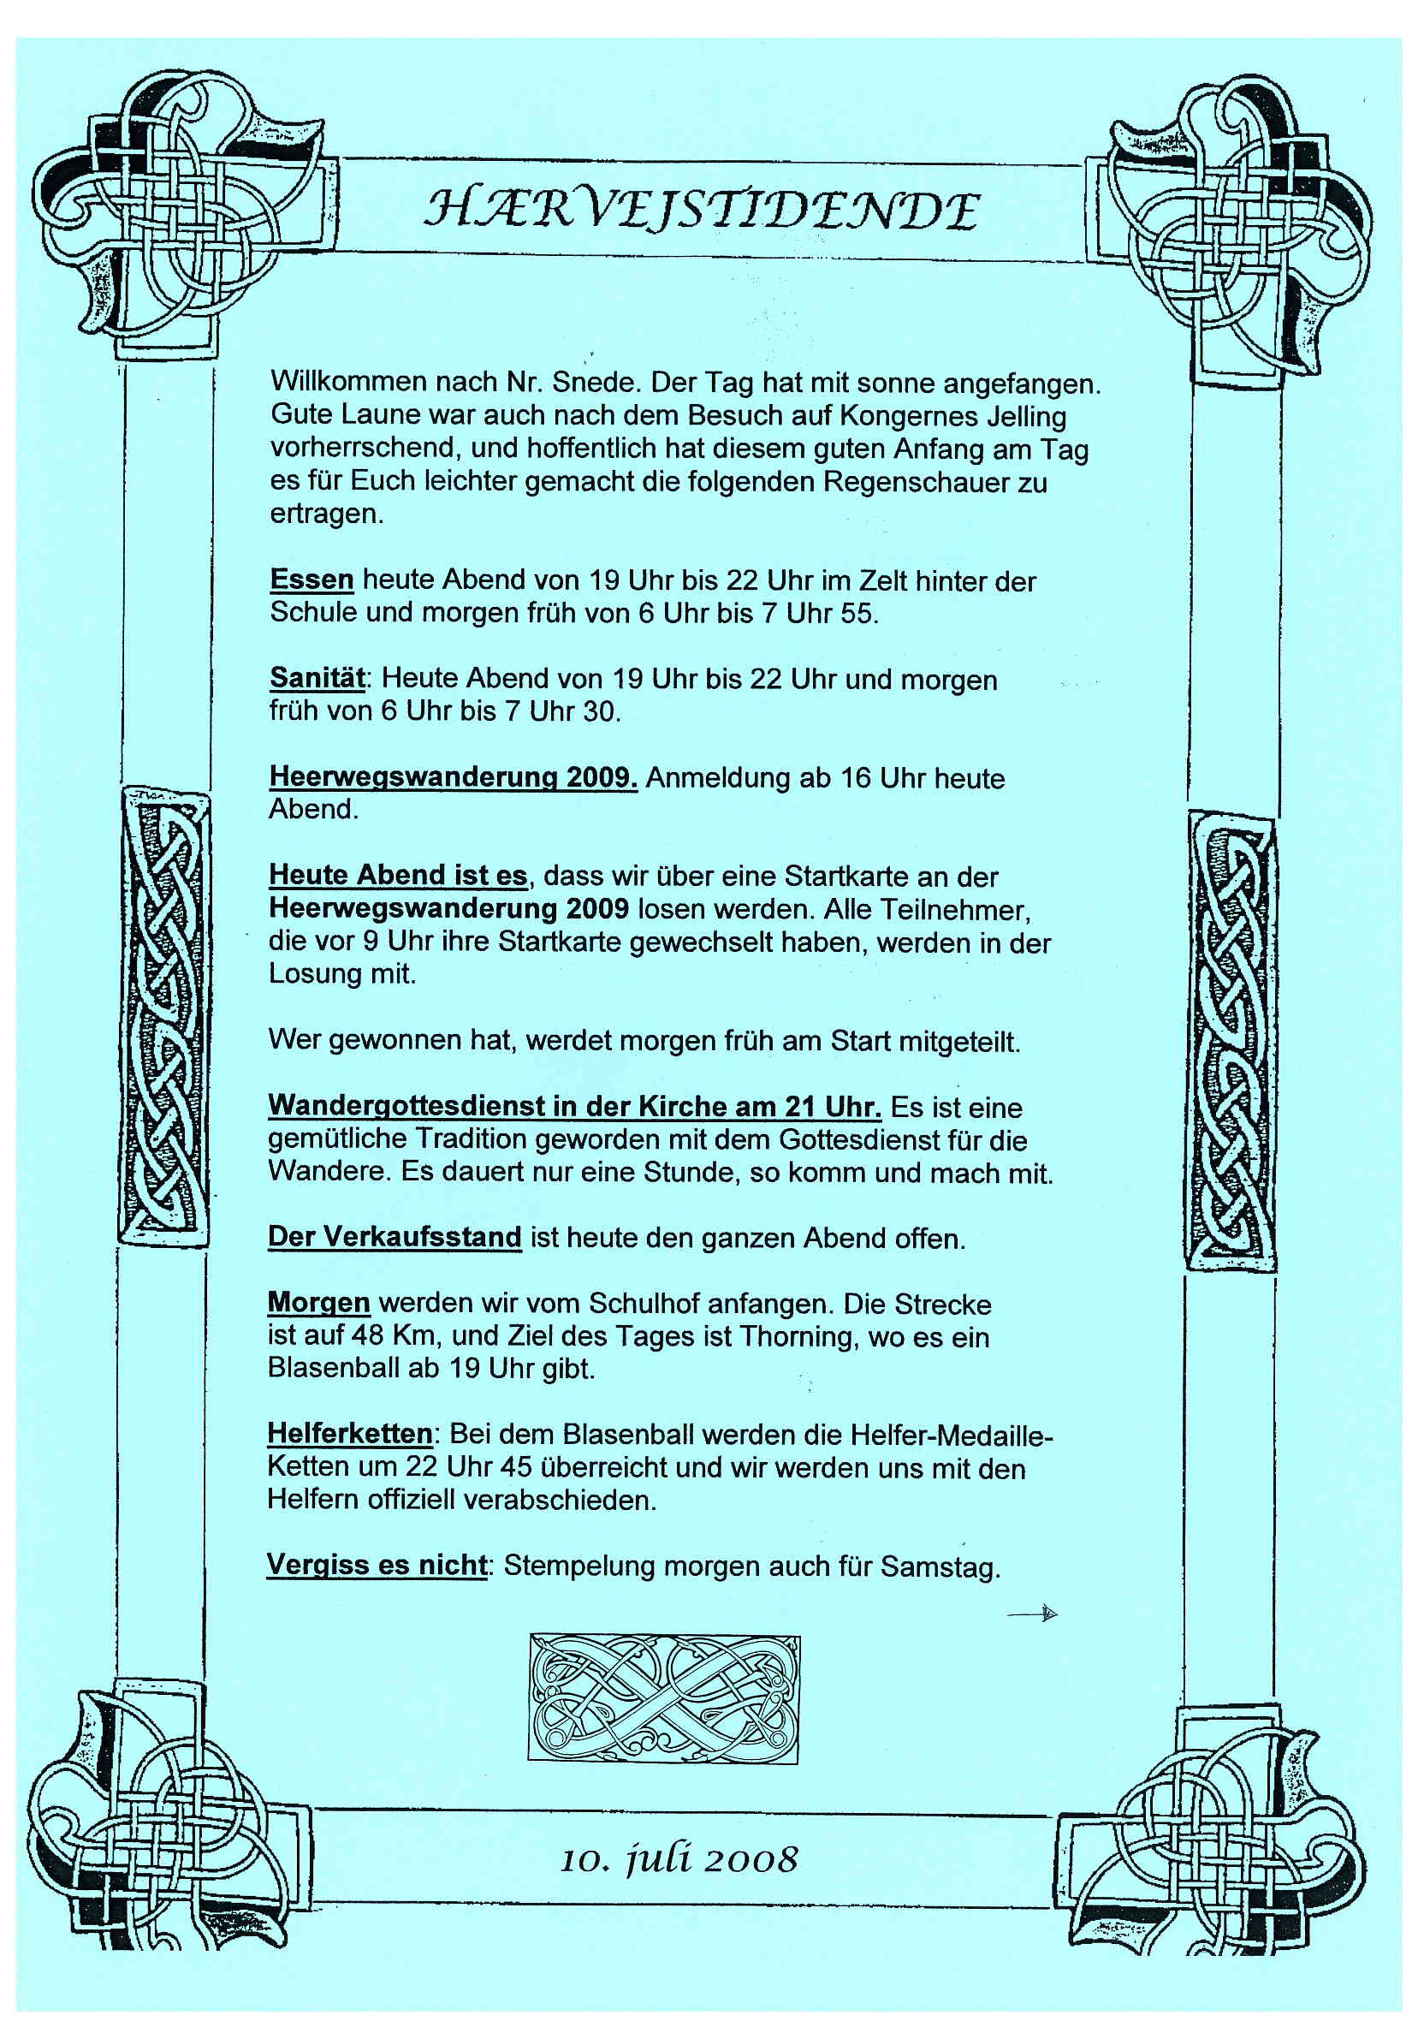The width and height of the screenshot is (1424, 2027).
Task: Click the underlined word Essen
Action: (311, 580)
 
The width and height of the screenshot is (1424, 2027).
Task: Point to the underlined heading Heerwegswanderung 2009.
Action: (453, 776)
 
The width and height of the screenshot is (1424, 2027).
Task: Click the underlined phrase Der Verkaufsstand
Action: (395, 1236)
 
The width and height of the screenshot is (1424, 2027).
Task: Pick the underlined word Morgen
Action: (318, 1302)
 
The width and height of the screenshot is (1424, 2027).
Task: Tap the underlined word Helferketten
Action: (350, 1433)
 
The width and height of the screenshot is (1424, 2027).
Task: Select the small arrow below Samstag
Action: (1034, 1614)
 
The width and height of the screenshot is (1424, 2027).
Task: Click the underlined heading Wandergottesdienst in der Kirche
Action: (574, 1105)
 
